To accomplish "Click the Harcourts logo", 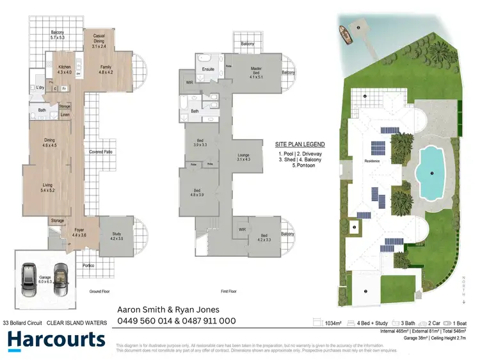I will [x=56, y=340].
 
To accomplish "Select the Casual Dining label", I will [x=99, y=40].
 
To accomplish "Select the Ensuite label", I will [x=208, y=69].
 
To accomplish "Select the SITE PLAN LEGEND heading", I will [x=300, y=144].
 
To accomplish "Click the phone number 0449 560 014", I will [x=142, y=321].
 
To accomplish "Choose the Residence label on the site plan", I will [x=372, y=161].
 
